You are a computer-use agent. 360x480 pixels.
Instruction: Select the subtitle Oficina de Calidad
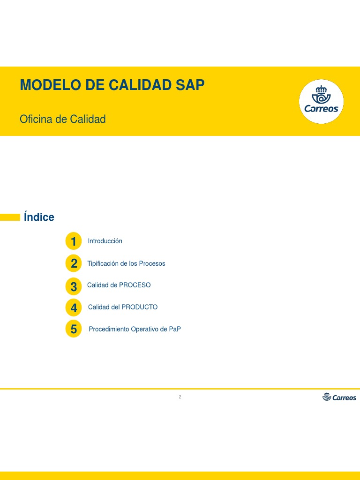(x=62, y=119)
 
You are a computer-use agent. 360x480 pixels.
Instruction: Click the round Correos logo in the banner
(x=321, y=102)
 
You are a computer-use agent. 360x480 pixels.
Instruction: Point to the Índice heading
(x=39, y=217)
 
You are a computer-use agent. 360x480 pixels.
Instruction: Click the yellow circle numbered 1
(x=74, y=241)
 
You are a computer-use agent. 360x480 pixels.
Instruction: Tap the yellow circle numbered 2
(x=74, y=263)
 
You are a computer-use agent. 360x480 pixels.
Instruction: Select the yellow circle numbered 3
(x=74, y=285)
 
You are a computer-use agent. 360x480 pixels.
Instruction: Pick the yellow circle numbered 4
(x=74, y=307)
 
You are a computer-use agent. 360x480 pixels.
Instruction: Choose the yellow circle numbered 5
(x=74, y=330)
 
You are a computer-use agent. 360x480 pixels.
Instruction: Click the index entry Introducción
(x=105, y=241)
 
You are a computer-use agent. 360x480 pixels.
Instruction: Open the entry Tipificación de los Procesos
(x=126, y=263)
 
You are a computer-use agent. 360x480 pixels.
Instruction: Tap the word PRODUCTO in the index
(x=139, y=307)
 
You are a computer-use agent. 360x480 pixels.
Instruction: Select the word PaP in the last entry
(x=175, y=329)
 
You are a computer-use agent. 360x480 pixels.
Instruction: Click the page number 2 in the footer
(x=180, y=397)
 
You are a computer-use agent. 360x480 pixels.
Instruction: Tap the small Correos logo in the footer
(x=339, y=397)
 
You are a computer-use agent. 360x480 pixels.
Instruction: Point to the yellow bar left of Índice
(x=10, y=217)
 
